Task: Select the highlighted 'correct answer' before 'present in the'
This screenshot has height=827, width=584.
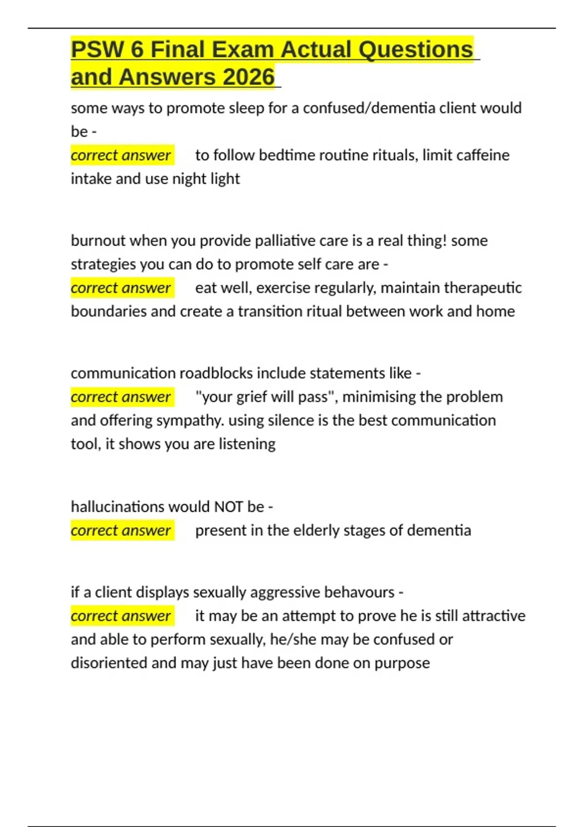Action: point(121,530)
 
